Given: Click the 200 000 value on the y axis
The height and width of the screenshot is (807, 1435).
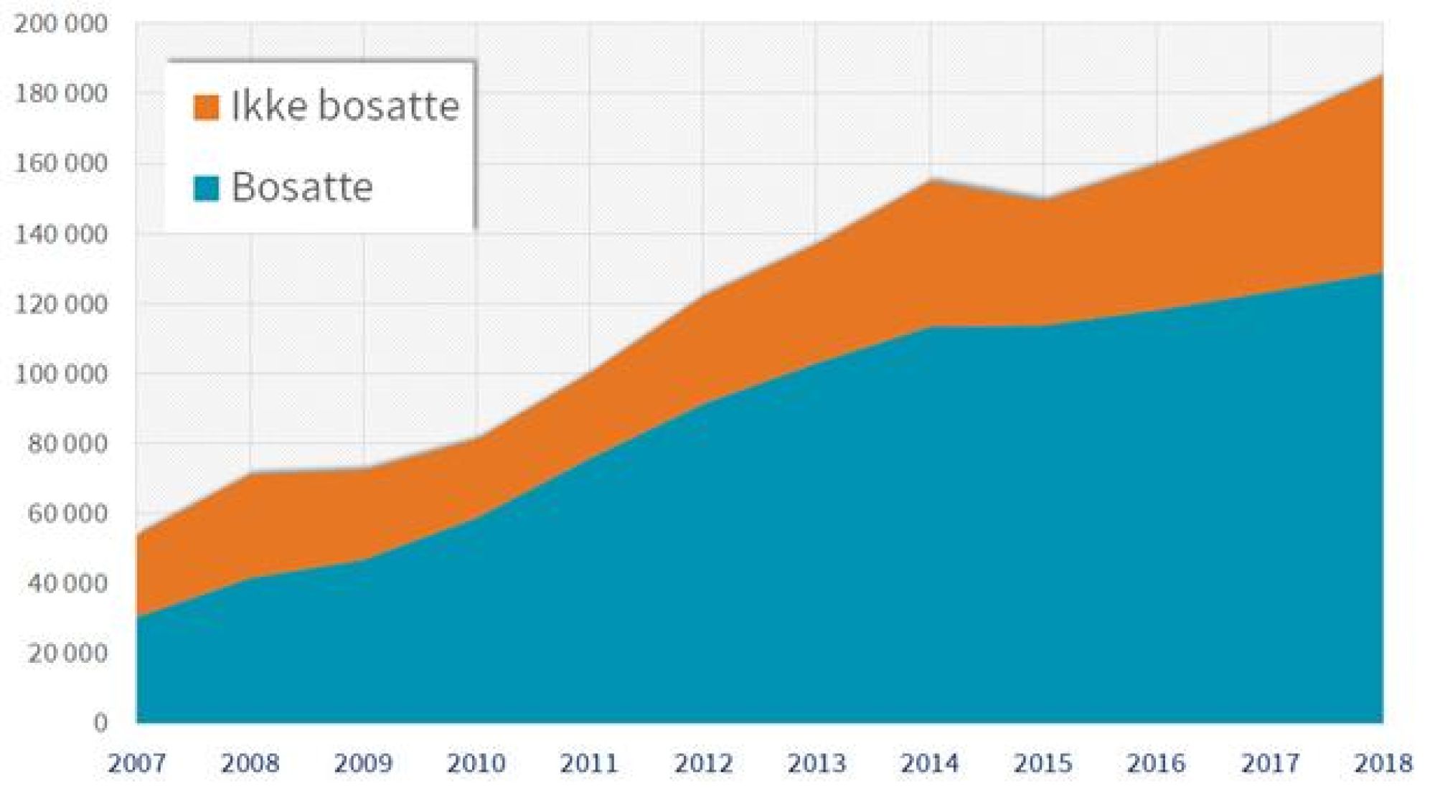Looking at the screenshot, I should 61,24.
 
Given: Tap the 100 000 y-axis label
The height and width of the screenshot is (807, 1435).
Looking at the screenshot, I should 61,374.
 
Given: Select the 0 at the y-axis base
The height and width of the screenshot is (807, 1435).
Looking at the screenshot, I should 100,722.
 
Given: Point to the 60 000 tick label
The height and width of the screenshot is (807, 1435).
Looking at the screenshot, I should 67,514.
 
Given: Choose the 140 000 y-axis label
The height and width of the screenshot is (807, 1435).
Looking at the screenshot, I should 61,234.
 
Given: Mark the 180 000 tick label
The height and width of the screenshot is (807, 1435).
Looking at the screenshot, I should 61,94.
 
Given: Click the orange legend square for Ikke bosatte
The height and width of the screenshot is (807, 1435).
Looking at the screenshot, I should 206,108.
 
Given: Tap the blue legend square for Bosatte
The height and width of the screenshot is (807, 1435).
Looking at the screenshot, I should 206,189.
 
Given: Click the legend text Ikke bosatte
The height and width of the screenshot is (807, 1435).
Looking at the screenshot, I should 345,106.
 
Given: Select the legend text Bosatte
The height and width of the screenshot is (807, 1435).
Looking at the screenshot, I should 302,187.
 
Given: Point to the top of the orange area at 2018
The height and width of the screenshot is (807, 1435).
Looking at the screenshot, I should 1381,76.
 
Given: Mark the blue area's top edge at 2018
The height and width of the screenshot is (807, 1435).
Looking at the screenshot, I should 1381,273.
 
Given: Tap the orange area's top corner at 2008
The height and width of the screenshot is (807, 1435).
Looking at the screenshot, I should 250,473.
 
